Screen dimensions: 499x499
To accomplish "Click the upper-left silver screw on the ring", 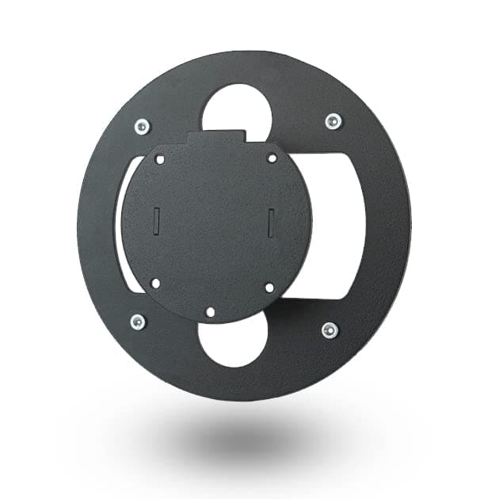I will coord(142,126).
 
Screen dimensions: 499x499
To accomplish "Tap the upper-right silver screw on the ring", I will coord(333,121).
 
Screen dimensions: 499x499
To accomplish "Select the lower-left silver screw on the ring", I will coord(138,322).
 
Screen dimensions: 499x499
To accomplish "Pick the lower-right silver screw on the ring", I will coord(329,329).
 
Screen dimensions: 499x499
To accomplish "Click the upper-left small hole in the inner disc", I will coord(160,159).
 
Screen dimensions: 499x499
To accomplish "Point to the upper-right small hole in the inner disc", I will coord(272,158).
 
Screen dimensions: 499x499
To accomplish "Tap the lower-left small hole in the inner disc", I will coord(155,283).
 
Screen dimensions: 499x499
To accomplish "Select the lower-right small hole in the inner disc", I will coord(269,288).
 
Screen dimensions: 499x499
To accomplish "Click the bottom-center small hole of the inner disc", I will coord(210,312).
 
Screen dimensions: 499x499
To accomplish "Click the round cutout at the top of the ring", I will coord(236,111).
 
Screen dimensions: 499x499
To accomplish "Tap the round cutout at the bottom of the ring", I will coord(234,342).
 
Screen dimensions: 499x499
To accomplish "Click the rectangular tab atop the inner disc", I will coord(218,139).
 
